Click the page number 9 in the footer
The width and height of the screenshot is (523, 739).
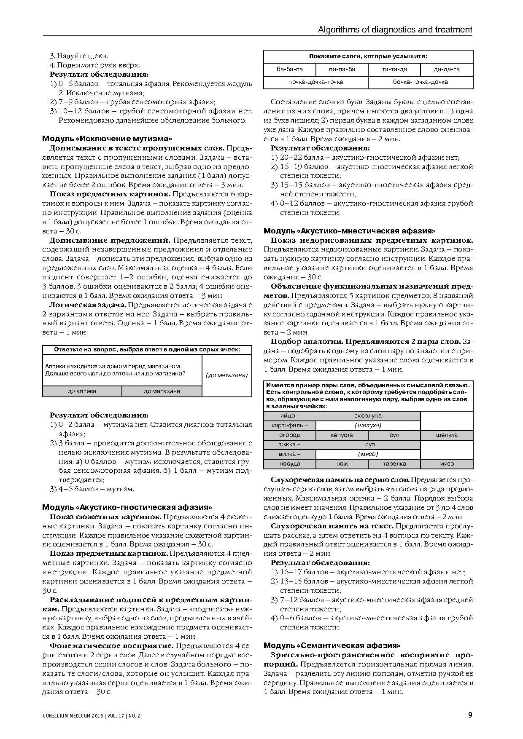click(470, 715)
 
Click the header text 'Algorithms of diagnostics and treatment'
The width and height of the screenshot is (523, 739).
click(395, 29)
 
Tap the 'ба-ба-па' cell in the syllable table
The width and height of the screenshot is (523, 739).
click(290, 70)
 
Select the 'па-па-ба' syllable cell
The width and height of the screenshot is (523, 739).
click(342, 70)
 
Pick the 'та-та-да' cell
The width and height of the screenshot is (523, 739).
click(394, 70)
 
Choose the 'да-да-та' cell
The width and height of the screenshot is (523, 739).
click(447, 70)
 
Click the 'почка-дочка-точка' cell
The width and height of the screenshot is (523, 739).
click(315, 82)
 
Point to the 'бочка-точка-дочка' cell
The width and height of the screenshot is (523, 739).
click(421, 82)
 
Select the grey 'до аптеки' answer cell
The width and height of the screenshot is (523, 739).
click(82, 391)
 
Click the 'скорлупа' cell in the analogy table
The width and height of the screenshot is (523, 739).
click(368, 416)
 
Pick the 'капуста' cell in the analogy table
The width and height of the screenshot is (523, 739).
click(342, 435)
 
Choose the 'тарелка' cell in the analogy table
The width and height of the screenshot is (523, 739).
click(394, 464)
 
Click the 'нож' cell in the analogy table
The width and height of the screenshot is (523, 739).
click(342, 464)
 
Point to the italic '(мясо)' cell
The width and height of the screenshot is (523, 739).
click(368, 454)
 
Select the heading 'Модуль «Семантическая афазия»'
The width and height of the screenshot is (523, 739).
click(332, 645)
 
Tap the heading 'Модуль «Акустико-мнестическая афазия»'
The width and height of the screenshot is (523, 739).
click(350, 231)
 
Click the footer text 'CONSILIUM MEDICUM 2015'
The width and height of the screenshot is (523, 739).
click(74, 716)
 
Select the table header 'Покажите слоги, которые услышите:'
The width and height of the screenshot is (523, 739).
click(368, 56)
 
